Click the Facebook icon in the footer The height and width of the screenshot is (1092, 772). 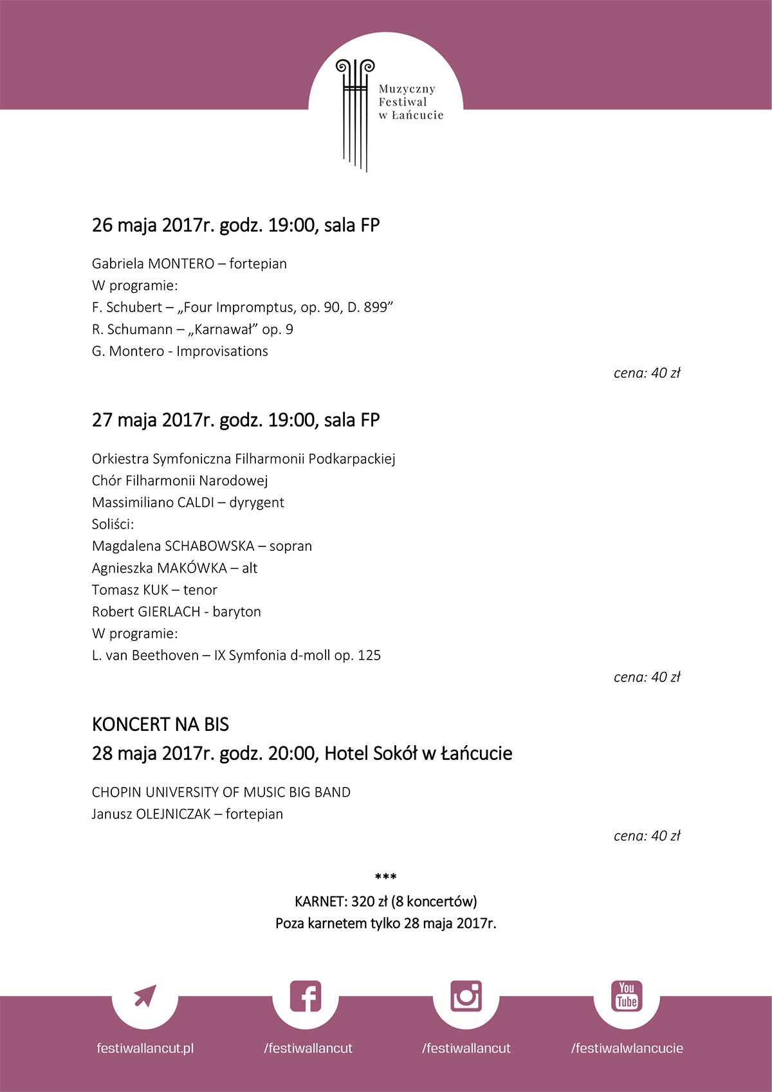[x=306, y=996]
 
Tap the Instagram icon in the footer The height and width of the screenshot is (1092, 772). [x=466, y=996]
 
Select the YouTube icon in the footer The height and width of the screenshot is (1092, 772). [x=627, y=996]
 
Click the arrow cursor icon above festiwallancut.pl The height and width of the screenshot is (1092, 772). [x=145, y=996]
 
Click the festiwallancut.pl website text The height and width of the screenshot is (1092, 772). [x=145, y=1048]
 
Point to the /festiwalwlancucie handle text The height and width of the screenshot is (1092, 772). [x=627, y=1048]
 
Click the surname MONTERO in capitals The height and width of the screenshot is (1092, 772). [x=181, y=264]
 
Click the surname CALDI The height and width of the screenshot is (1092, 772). [x=195, y=503]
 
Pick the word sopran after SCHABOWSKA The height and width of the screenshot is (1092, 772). [x=291, y=546]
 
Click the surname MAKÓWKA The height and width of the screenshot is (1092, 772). [x=192, y=568]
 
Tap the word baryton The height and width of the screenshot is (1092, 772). [x=237, y=612]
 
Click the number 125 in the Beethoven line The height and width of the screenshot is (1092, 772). [x=369, y=656]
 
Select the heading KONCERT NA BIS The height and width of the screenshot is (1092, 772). [x=160, y=725]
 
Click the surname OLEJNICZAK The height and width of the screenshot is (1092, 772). [x=174, y=814]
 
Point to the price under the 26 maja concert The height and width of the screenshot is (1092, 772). [x=647, y=373]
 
